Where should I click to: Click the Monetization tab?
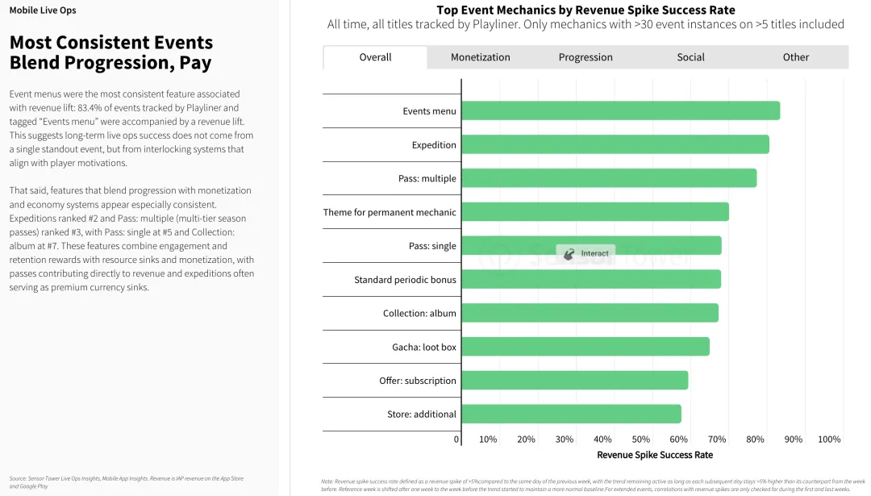[x=480, y=57]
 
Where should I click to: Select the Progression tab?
[x=586, y=57]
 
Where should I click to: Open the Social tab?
[x=690, y=57]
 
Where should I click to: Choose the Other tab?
[x=795, y=57]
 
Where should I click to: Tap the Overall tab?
[x=375, y=57]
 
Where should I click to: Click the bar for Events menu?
[x=620, y=111]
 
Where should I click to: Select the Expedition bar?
[x=615, y=145]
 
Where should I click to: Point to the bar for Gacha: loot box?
[x=585, y=347]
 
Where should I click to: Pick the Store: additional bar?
[x=571, y=415]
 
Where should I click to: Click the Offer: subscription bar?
[x=574, y=381]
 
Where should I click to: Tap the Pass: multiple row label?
[x=427, y=179]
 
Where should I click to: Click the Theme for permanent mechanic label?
[x=390, y=213]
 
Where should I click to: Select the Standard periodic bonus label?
[x=405, y=280]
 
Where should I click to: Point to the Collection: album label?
[x=419, y=314]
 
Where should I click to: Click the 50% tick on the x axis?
[x=641, y=440]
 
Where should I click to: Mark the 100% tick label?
[x=829, y=440]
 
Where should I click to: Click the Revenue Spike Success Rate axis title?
[x=654, y=456]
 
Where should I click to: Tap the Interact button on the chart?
[x=586, y=253]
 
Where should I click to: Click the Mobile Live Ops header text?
[x=43, y=10]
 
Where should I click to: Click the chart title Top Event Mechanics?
[x=586, y=10]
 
